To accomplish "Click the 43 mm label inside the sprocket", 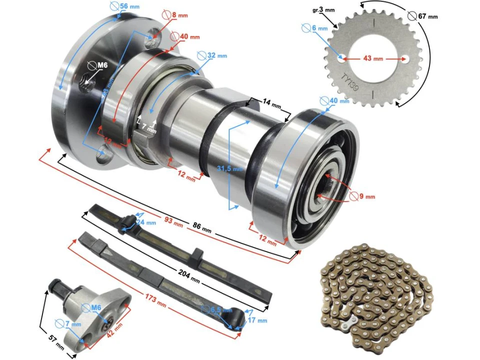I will point(372,58).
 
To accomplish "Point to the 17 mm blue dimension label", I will point(257,320).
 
